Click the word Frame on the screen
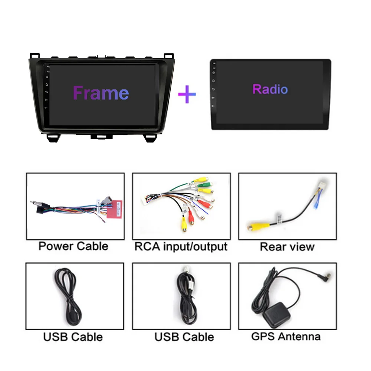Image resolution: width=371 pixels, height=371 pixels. click(101, 93)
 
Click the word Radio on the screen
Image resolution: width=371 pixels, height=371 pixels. click(270, 89)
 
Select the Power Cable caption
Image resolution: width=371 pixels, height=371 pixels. click(73, 246)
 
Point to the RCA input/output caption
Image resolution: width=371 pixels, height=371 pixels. click(181, 246)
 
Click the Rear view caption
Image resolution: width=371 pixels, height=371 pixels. click(287, 247)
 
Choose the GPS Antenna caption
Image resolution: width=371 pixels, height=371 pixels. click(286, 336)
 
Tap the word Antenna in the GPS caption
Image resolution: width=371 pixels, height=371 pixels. click(299, 336)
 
